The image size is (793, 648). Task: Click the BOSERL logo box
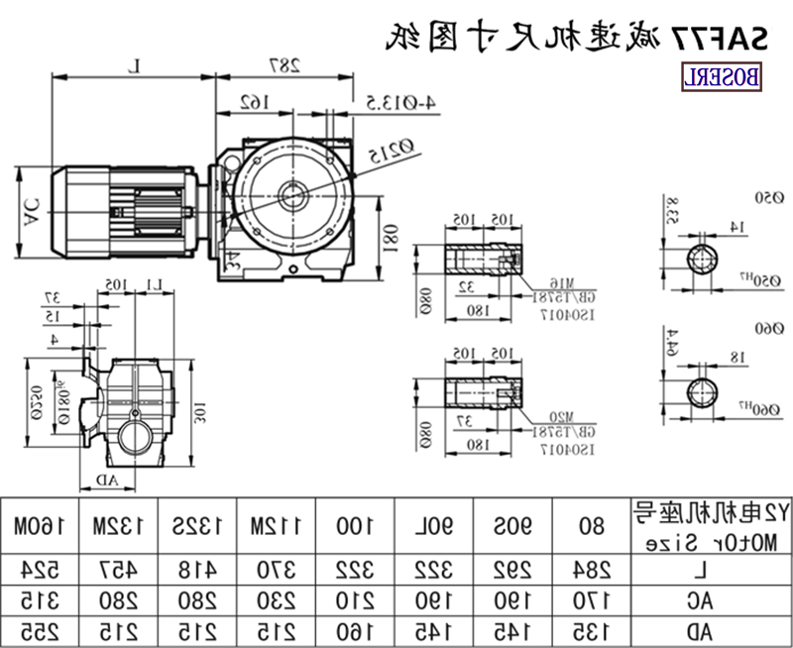click(721, 76)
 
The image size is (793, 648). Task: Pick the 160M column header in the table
click(39, 525)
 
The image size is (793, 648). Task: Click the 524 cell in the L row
click(39, 570)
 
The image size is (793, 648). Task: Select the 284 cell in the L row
click(591, 570)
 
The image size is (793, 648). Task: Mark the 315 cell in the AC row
click(39, 599)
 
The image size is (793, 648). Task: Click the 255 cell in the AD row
click(39, 629)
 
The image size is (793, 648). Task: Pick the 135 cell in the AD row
click(591, 629)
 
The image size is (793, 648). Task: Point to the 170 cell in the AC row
click(591, 599)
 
